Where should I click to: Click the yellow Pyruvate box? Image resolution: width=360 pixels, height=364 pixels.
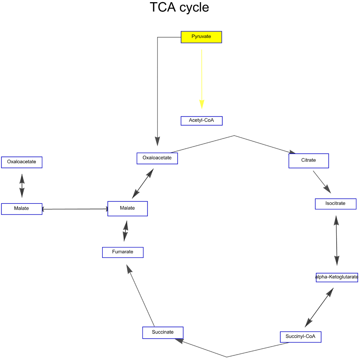coord(201,37)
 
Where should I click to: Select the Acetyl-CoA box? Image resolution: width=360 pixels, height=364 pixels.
coord(201,121)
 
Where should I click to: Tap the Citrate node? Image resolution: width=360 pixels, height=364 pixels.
coord(309,161)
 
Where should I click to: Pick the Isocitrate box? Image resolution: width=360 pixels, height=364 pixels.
coord(335,204)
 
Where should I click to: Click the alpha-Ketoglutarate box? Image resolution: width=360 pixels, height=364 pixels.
coord(337,277)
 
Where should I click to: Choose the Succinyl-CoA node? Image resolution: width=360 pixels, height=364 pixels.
coord(301,337)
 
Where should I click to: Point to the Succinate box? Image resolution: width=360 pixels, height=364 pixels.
coord(163,333)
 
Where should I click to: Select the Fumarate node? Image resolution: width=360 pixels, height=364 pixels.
coord(123,252)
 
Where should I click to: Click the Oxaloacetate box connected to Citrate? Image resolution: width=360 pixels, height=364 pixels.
coord(157,158)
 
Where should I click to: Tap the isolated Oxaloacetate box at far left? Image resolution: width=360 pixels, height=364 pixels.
coord(22,162)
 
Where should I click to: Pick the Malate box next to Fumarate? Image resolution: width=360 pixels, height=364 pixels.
coord(127,208)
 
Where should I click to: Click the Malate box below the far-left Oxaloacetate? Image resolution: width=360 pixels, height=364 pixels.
coord(22,209)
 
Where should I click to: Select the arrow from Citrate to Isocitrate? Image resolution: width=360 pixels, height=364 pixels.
coord(322,182)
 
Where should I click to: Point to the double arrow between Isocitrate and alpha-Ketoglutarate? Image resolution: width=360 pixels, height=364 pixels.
coord(336,240)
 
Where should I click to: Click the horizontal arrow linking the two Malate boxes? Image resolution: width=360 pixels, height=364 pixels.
coord(75,209)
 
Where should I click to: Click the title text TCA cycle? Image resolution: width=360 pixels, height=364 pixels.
coord(179,7)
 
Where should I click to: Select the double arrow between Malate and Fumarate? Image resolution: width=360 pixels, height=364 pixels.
coord(126,231)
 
